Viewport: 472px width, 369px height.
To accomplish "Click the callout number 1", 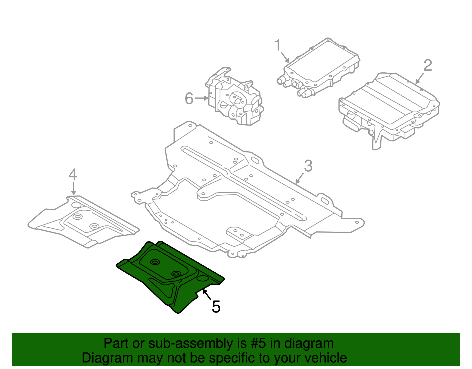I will pos(278,45).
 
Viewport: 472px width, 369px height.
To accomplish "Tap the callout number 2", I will pos(428,65).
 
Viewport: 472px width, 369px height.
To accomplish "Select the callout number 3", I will pos(308,166).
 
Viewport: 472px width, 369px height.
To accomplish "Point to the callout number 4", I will pos(73,175).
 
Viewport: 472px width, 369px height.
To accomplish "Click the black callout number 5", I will pos(216,307).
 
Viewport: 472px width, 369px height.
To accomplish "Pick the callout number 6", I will pos(189,98).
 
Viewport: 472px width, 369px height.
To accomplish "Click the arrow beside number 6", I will pos(202,98).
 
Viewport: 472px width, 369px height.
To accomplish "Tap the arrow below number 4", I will pos(73,188).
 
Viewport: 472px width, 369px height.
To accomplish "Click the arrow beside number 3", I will pos(299,178).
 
